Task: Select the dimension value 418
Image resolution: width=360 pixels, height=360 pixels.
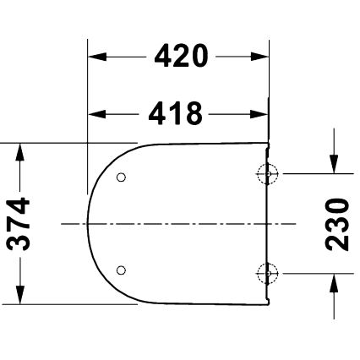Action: (178, 112)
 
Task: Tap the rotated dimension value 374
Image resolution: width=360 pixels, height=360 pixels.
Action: (19, 224)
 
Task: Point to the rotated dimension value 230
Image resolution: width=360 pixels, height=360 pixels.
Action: (337, 223)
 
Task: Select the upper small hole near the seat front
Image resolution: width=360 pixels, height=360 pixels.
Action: (120, 178)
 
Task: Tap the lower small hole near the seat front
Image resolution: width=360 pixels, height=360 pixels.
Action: (120, 270)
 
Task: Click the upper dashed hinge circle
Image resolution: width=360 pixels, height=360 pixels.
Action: (267, 173)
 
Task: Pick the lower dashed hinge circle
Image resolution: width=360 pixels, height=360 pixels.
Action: (267, 273)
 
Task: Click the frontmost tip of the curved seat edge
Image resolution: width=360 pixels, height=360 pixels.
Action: (88, 224)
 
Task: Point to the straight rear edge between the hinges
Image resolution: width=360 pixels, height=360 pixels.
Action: (269, 224)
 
